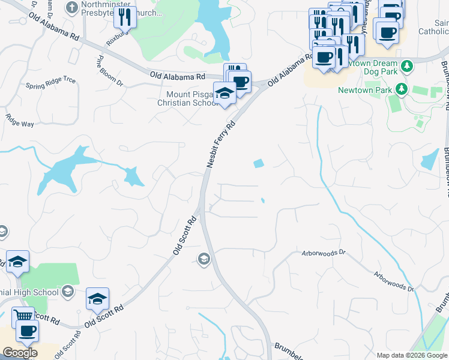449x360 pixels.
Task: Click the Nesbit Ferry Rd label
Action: [x=220, y=143]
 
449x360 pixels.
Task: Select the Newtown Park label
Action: [x=364, y=90]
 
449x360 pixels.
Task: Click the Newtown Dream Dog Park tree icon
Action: [x=407, y=64]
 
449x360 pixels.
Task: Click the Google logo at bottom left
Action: [x=20, y=352]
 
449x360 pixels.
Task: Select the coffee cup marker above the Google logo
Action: [x=26, y=330]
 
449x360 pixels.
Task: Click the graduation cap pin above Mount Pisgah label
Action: [x=224, y=92]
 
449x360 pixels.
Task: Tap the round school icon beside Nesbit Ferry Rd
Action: [x=203, y=259]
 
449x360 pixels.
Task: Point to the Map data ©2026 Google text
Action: [x=411, y=355]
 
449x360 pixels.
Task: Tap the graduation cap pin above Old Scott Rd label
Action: [x=97, y=299]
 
